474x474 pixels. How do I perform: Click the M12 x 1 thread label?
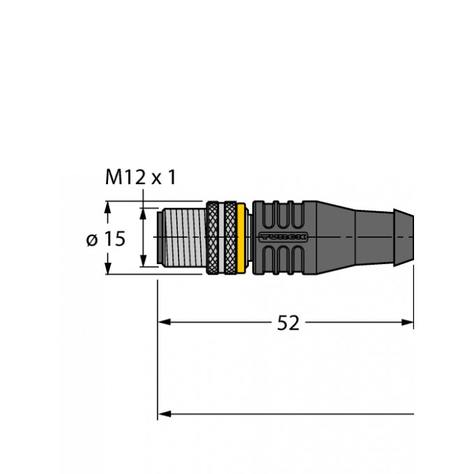point(140,178)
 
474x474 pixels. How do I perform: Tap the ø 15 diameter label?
point(105,239)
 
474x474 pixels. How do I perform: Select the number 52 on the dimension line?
point(288,323)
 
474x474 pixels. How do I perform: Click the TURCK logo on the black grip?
point(282,237)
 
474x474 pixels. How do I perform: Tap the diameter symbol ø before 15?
point(91,240)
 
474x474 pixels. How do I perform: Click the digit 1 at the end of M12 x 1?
point(171,178)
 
